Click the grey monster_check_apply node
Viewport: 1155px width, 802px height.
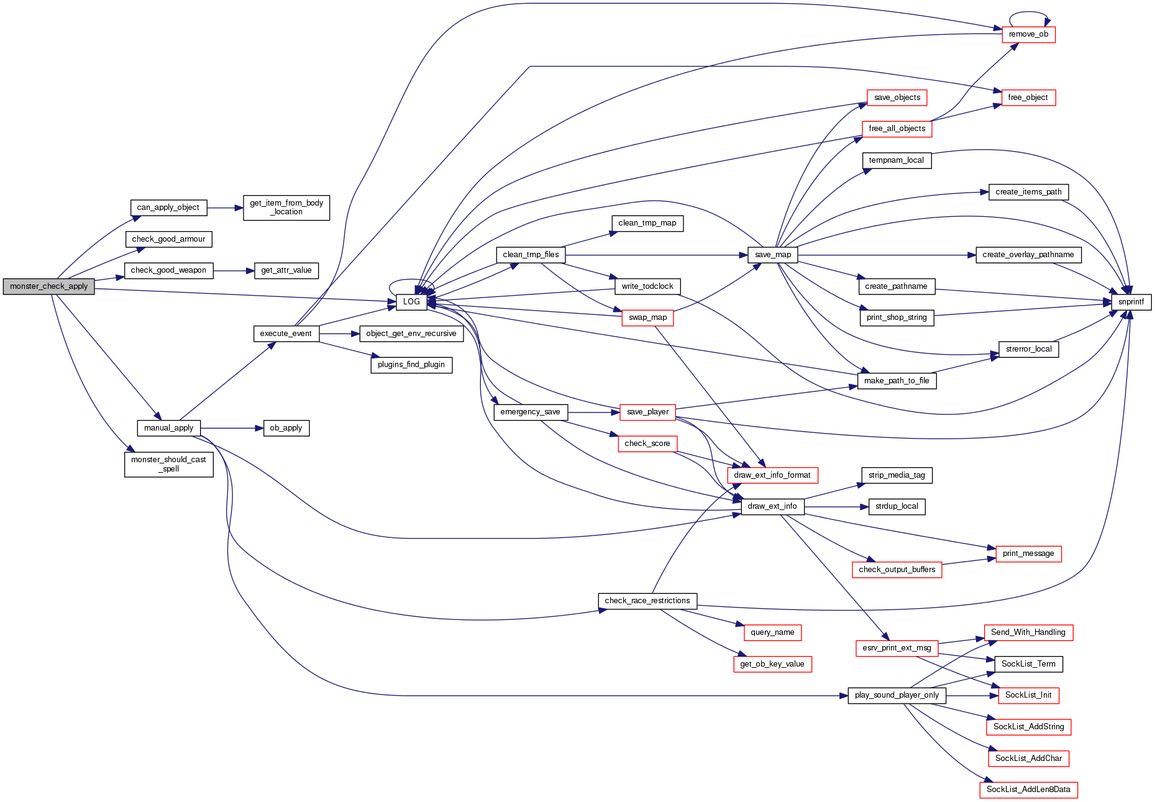click(x=48, y=286)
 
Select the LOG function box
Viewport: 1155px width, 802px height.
click(x=411, y=302)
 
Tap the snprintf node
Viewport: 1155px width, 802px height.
click(x=1130, y=302)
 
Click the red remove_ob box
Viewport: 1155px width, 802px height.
click(x=1028, y=34)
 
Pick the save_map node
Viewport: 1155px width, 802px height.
click(x=773, y=255)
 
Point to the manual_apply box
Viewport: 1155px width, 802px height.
click(x=168, y=428)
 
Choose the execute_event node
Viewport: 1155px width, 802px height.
click(x=286, y=334)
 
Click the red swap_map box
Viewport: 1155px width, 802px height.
click(x=647, y=317)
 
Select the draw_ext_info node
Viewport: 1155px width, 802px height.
click(x=772, y=506)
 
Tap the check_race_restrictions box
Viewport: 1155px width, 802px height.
click(x=647, y=601)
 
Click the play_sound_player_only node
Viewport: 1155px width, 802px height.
click(x=897, y=695)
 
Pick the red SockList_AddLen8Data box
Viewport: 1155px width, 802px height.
click(x=1028, y=790)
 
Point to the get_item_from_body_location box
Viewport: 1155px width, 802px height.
click(x=286, y=207)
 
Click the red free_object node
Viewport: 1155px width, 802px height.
click(x=1028, y=98)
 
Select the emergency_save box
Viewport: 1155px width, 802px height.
click(x=530, y=412)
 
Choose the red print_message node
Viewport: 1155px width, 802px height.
click(x=1028, y=554)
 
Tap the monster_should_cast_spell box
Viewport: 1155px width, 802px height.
click(x=168, y=464)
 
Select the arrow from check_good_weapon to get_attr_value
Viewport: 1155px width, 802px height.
click(x=234, y=271)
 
